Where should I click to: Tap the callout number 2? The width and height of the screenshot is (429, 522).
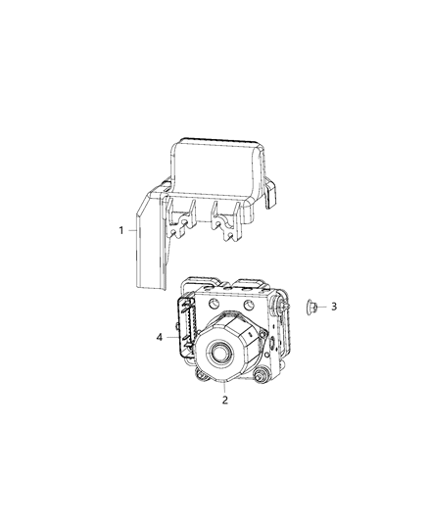coord(224,399)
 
